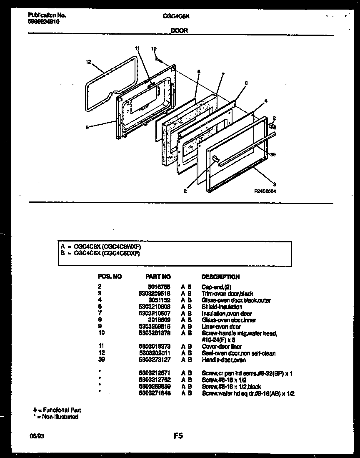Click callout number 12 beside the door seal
point(88,62)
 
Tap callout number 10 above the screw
point(154,49)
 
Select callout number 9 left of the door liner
point(87,128)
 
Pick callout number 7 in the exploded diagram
point(223,74)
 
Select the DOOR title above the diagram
point(180,30)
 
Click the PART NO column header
point(158,277)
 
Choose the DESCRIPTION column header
point(220,277)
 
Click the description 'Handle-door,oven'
point(223,360)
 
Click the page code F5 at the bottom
point(178,436)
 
